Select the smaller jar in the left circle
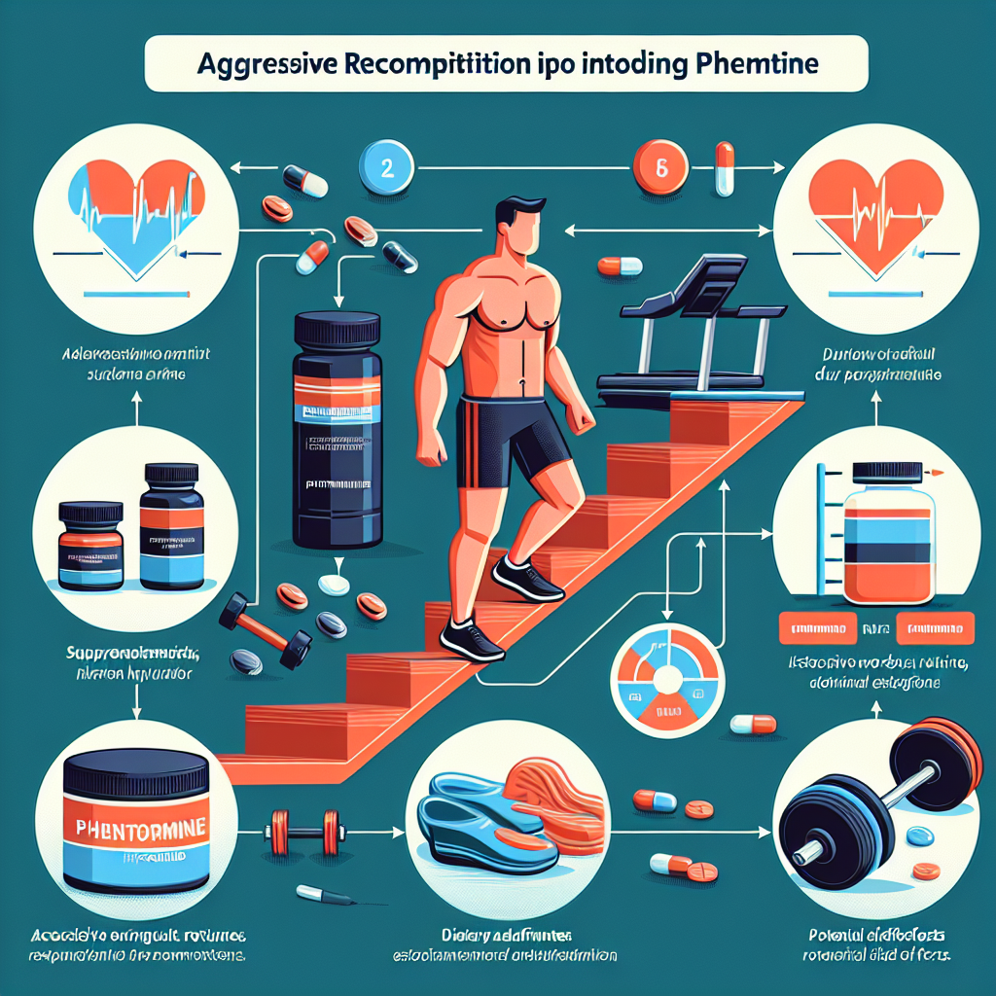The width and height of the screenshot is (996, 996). click(x=91, y=545)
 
